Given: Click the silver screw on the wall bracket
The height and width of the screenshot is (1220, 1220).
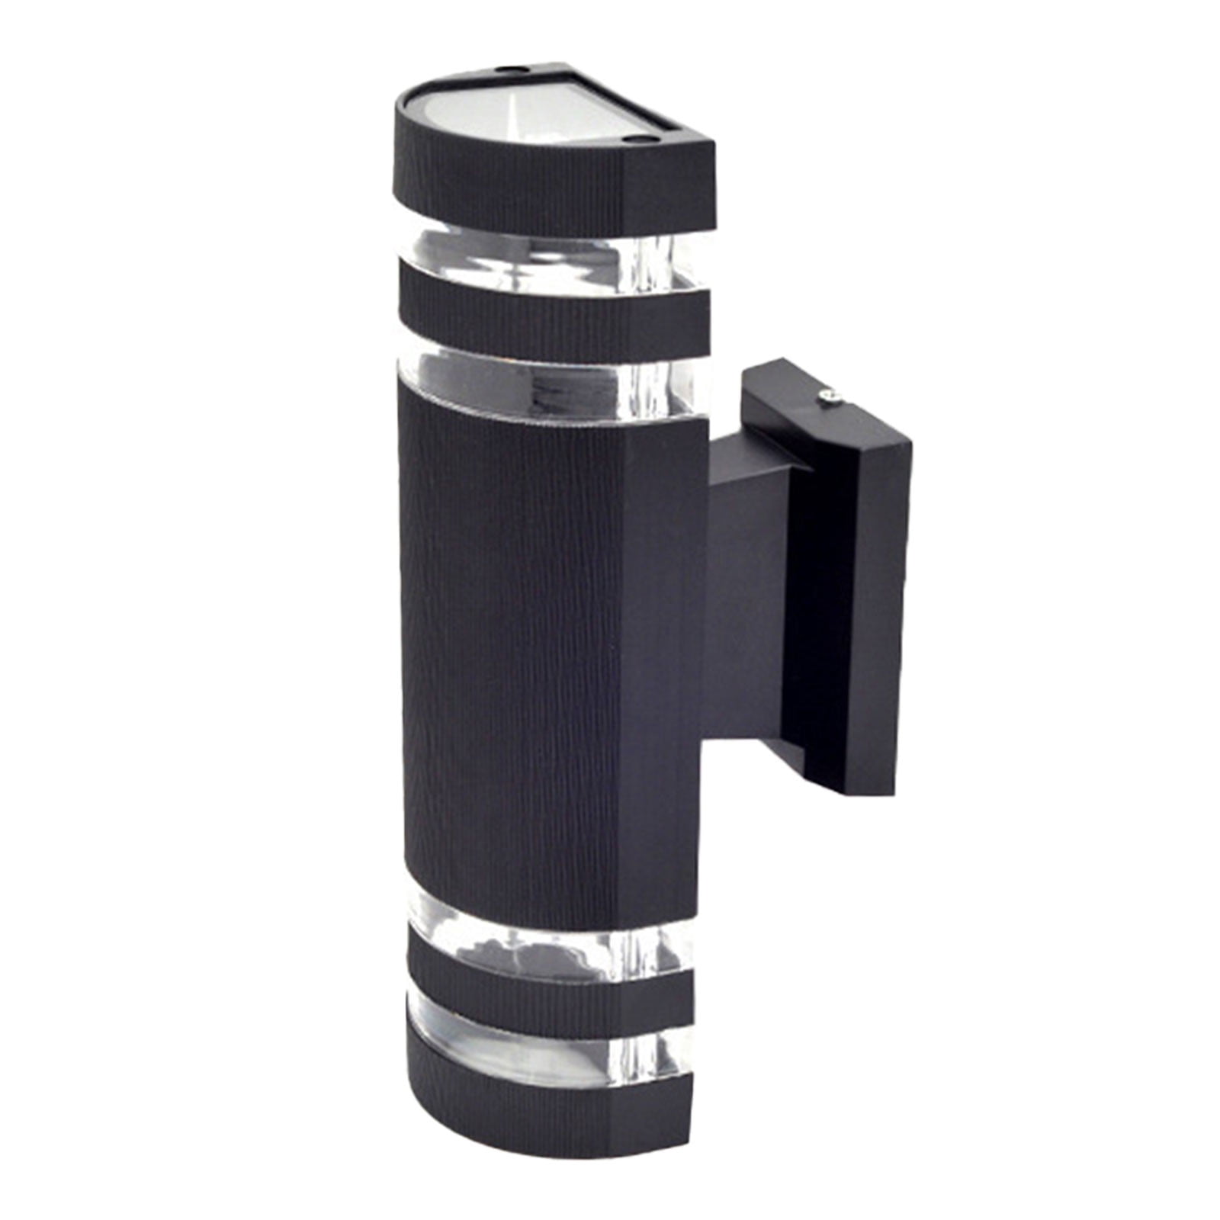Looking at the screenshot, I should pos(830,394).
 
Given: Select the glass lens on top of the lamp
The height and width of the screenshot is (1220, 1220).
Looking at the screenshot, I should pos(534,114).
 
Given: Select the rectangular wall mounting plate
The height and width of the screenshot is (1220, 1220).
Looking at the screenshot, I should pos(846,610).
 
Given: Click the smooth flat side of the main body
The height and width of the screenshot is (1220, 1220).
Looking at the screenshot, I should pos(663,671).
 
